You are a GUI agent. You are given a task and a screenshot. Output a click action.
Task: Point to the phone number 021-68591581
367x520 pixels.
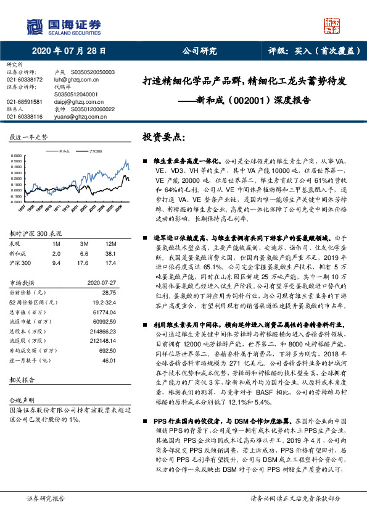[x=25, y=101]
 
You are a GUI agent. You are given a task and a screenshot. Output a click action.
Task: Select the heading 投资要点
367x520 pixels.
[x=163, y=136]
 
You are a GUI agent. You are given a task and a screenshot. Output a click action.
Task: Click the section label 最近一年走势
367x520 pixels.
[x=28, y=136]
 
